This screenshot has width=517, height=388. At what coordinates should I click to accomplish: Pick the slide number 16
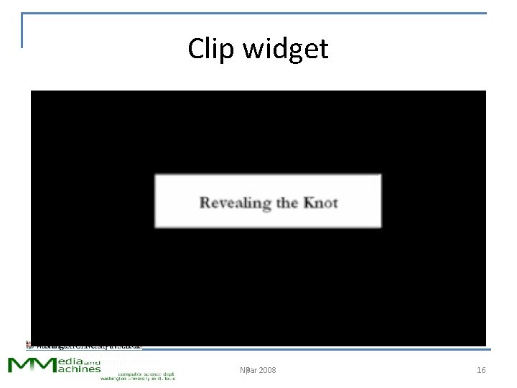[481, 370]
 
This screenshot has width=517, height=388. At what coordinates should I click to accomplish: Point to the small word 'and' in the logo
[94, 359]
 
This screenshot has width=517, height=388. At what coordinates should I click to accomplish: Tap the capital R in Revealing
[205, 203]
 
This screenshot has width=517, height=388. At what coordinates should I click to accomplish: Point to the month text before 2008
[245, 370]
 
